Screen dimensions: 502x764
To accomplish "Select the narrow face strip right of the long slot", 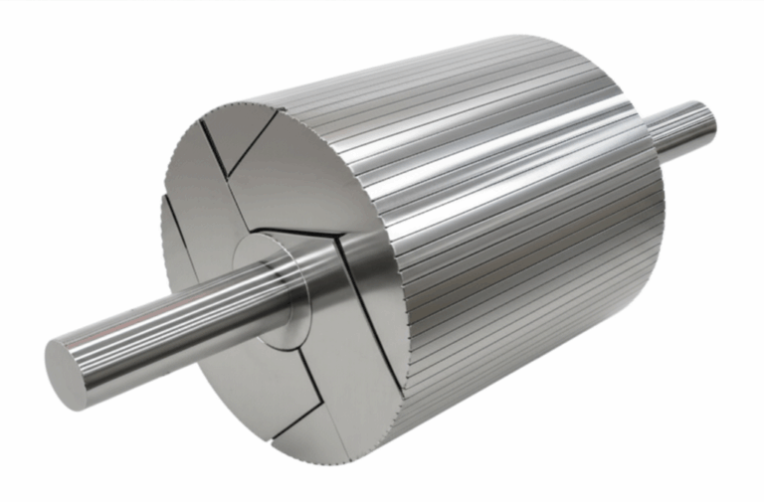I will [x=393, y=328].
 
